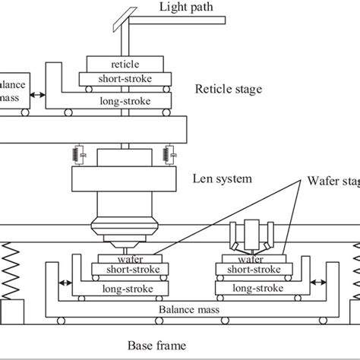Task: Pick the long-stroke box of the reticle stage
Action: (130, 98)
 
